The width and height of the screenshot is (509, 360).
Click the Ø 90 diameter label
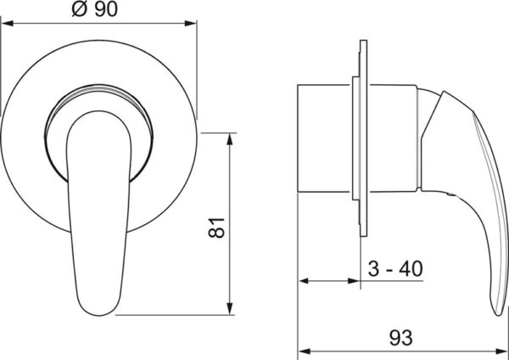tap(95, 9)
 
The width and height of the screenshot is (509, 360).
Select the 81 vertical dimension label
tap(216, 228)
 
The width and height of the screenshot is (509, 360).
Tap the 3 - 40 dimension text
tap(395, 268)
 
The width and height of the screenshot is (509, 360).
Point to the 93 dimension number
tap(401, 338)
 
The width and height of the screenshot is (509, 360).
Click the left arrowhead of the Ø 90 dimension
tap(7, 24)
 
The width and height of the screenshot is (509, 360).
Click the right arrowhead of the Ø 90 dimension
tap(191, 24)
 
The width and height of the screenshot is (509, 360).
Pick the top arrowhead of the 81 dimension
tap(230, 138)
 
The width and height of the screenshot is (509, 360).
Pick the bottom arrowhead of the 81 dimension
tap(230, 309)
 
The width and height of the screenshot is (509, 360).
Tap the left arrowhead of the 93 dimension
tap(304, 352)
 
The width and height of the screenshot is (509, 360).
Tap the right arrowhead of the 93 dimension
tap(501, 352)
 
